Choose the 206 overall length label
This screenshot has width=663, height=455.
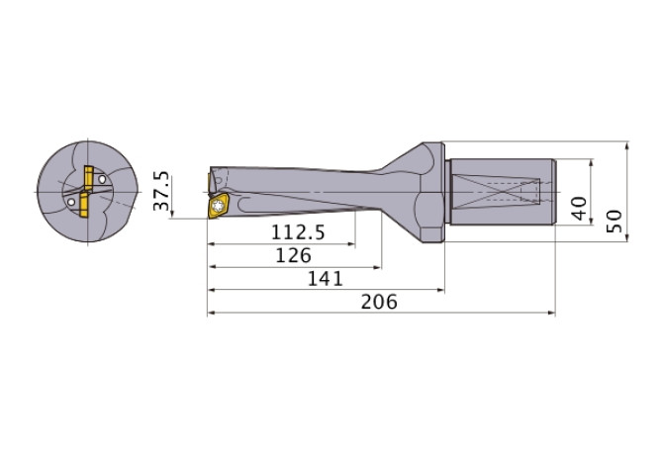coord(377,303)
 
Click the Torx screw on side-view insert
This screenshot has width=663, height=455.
coord(219,207)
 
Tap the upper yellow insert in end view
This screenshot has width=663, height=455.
coord(86,177)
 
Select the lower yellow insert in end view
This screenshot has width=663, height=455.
coord(83,208)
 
